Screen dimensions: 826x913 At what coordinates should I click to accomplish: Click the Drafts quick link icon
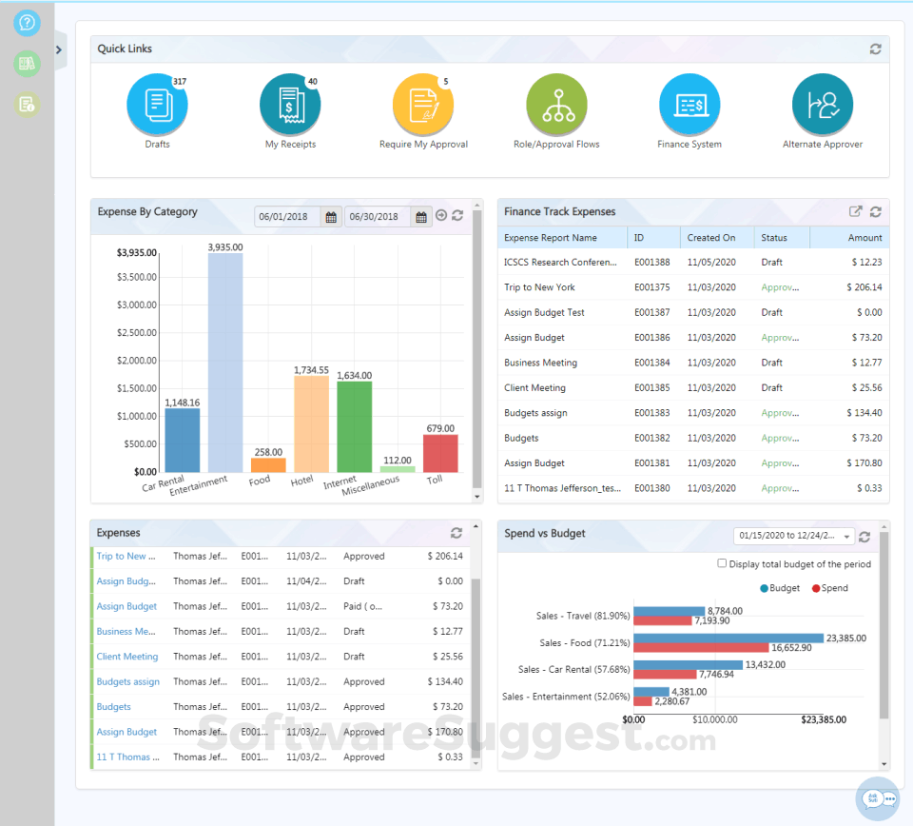(x=157, y=105)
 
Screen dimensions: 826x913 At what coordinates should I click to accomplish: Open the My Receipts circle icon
(x=290, y=105)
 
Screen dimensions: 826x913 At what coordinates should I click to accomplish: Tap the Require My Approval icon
(x=423, y=105)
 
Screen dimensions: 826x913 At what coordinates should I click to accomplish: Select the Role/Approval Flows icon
(x=556, y=105)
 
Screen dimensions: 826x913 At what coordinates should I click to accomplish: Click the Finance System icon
(x=690, y=105)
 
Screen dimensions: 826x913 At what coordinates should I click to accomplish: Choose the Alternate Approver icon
(x=823, y=105)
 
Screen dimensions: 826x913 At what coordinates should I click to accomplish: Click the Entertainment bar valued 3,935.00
(x=225, y=362)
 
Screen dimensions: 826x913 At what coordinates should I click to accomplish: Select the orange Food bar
(x=268, y=465)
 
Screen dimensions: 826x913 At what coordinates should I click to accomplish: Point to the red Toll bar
(x=440, y=453)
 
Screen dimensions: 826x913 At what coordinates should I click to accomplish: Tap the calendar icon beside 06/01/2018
(x=331, y=217)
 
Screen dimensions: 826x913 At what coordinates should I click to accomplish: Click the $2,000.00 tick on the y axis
(x=136, y=361)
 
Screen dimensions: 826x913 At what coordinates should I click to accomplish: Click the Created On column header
(x=711, y=238)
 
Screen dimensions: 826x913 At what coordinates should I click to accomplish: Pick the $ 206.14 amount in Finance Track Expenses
(x=864, y=287)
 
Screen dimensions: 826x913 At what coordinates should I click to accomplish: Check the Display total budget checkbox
(x=722, y=563)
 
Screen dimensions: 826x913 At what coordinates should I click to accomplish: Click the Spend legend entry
(x=828, y=588)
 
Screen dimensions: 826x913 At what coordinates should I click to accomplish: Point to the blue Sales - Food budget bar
(x=728, y=638)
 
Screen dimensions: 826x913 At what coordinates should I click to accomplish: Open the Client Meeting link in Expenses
(x=127, y=657)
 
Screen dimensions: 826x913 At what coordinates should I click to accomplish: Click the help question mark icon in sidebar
(x=27, y=22)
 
